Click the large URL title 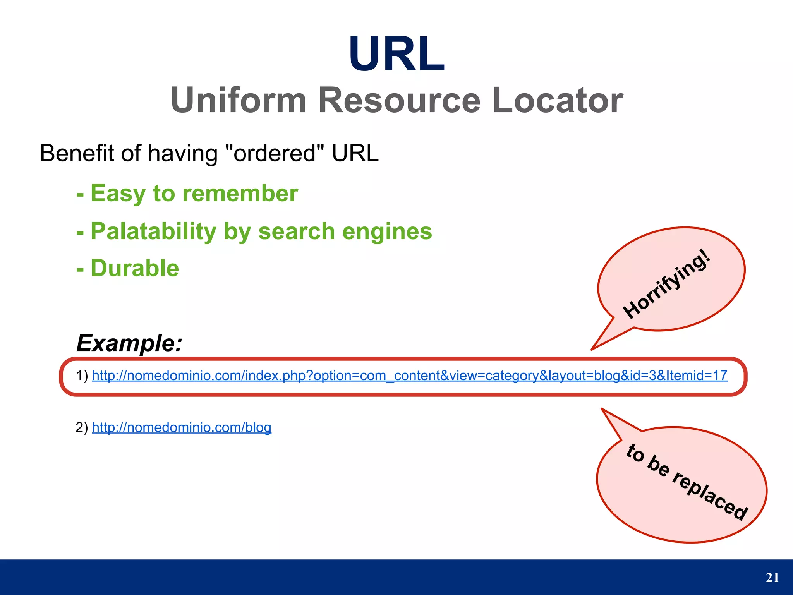pos(396,54)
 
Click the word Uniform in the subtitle pos(239,100)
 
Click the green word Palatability pos(153,231)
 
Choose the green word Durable pos(135,268)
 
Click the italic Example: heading pos(129,343)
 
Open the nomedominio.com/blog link pos(182,427)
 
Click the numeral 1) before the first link pos(82,376)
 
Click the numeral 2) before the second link pos(82,427)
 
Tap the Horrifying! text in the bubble pos(667,285)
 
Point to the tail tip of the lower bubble pos(602,409)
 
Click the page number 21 pos(772,578)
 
